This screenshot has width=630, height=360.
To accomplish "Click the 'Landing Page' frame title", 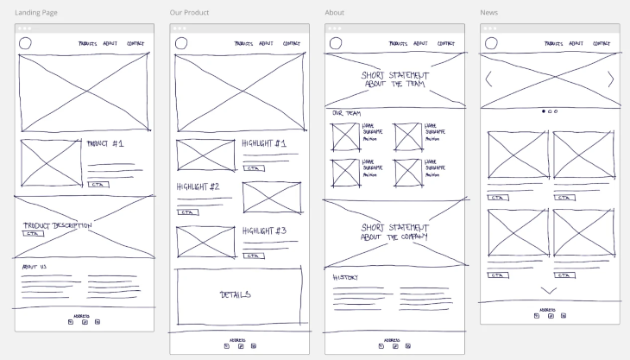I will [37, 13].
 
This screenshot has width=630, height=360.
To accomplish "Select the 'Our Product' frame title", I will [189, 13].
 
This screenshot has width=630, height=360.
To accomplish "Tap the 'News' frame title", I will [488, 13].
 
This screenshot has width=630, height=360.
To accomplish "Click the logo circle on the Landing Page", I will [25, 44].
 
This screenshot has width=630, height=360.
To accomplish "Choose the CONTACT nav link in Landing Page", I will [135, 43].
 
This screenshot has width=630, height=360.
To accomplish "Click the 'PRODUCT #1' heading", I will [105, 143].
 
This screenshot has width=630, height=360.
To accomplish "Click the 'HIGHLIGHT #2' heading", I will [198, 186].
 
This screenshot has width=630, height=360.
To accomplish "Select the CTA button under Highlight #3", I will [254, 256].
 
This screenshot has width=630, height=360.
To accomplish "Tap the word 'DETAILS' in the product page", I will [236, 295].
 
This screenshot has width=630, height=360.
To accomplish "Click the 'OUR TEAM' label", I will [346, 114].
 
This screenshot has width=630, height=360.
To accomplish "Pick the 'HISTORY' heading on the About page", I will [345, 277].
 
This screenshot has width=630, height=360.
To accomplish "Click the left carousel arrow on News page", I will [489, 80].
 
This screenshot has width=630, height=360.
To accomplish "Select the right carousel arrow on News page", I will [611, 80].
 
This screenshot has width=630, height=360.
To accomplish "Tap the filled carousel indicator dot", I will [543, 111].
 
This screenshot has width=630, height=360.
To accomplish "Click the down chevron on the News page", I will [549, 290].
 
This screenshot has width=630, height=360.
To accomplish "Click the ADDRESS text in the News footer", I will [548, 308].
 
